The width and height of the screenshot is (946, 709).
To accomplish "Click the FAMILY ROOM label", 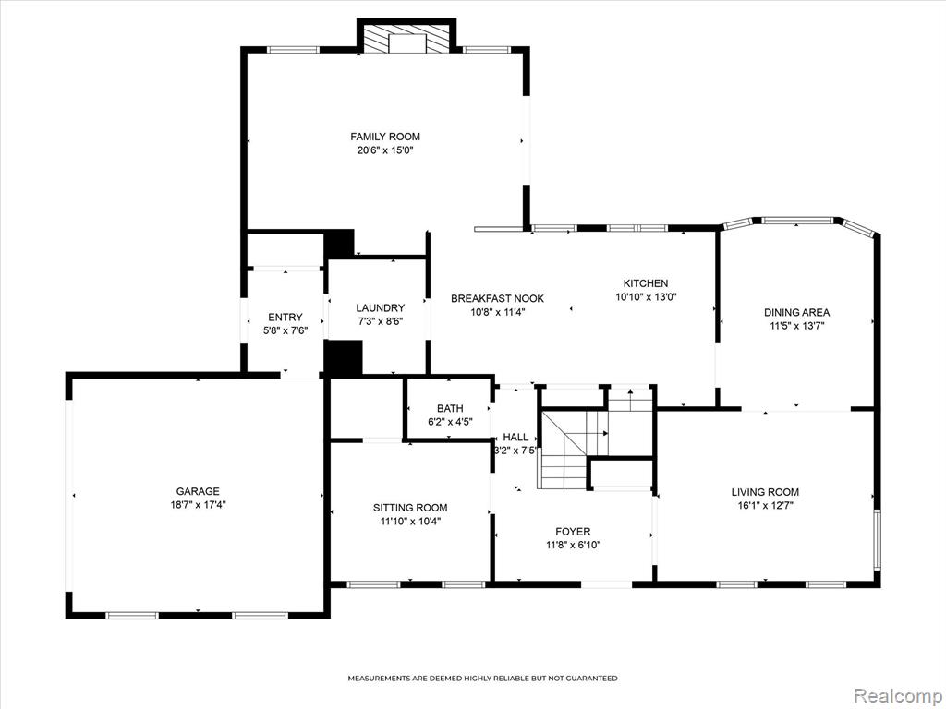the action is click(x=385, y=137).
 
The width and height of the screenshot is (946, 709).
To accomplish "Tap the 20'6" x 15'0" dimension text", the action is click(x=385, y=150).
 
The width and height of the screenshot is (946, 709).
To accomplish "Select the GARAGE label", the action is click(x=198, y=491).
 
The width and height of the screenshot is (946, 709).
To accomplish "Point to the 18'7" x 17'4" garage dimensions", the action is click(x=198, y=505).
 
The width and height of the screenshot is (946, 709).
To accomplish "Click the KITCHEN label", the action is click(x=646, y=283).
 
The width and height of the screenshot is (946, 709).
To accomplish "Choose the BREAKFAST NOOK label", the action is click(x=498, y=298).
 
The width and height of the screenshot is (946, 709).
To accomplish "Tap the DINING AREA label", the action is click(x=797, y=312).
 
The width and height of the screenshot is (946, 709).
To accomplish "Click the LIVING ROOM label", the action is click(x=765, y=492).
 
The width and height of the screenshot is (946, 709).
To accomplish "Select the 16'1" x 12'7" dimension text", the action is click(x=765, y=506).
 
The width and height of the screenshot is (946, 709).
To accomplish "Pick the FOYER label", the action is click(x=573, y=532).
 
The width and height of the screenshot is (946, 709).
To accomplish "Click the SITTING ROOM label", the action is click(x=410, y=508).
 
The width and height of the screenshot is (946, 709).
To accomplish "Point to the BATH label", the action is click(x=450, y=409).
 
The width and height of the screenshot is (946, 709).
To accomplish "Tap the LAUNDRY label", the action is click(x=380, y=308).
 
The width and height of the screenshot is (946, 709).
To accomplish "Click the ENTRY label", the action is click(x=285, y=318).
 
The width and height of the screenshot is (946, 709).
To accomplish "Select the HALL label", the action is click(x=515, y=437).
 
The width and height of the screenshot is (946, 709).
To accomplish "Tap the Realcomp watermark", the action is click(x=897, y=695).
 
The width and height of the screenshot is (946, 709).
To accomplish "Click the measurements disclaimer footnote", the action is click(x=482, y=679).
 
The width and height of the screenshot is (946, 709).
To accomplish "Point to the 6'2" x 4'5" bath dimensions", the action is click(x=450, y=422).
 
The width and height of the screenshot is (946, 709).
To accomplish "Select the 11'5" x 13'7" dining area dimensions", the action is click(x=797, y=326).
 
